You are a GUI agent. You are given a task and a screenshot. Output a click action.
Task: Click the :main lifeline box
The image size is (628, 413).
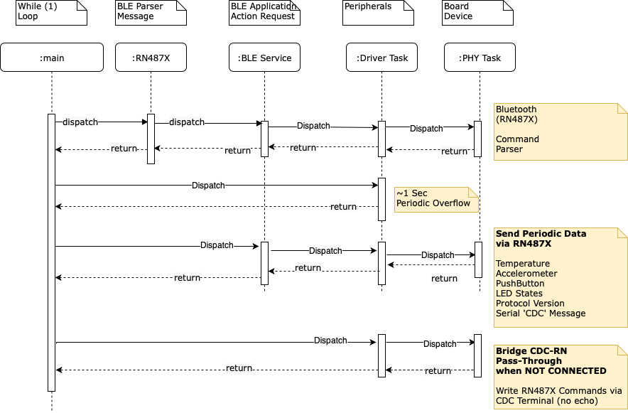pyautogui.click(x=52, y=58)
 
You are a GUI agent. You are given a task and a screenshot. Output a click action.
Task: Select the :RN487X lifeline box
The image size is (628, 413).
pyautogui.click(x=151, y=58)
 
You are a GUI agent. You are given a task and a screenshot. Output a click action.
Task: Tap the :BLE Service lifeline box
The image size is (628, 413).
pyautogui.click(x=264, y=58)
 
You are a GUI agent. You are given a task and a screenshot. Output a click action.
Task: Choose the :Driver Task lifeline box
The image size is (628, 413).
pyautogui.click(x=382, y=58)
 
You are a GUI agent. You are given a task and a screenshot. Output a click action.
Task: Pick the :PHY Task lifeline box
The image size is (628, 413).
pyautogui.click(x=481, y=58)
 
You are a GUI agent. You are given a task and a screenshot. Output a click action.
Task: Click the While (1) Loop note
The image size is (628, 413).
pyautogui.click(x=51, y=12)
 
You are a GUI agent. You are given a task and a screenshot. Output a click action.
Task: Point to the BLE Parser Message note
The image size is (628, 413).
pyautogui.click(x=151, y=12)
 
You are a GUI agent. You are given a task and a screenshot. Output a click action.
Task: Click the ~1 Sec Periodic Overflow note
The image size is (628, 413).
pyautogui.click(x=435, y=198)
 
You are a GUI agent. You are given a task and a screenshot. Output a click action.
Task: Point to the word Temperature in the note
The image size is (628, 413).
pyautogui.click(x=523, y=264)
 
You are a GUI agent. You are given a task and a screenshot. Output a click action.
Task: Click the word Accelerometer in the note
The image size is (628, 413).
pyautogui.click(x=526, y=274)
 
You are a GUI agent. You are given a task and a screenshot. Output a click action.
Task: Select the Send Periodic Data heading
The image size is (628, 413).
pyautogui.click(x=541, y=233)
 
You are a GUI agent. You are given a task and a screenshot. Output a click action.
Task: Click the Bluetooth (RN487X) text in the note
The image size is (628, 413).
pyautogui.click(x=516, y=114)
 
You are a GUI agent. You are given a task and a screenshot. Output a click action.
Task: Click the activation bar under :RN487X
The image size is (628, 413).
pyautogui.click(x=151, y=139)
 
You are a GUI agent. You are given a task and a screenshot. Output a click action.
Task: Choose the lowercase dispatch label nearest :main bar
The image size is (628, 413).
pyautogui.click(x=80, y=122)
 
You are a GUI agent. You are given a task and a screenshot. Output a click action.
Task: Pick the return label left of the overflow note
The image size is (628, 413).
pyautogui.click(x=343, y=207)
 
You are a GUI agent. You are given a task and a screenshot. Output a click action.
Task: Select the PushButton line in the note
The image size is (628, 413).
pyautogui.click(x=519, y=284)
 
